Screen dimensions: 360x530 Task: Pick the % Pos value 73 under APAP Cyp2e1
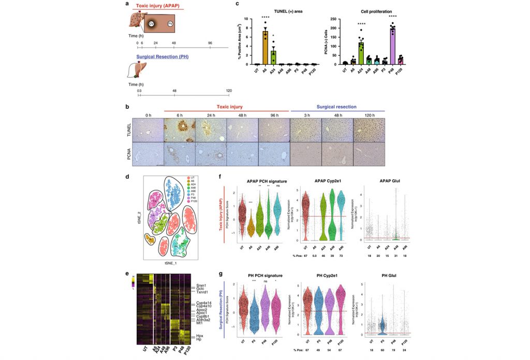[x=340, y=255]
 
